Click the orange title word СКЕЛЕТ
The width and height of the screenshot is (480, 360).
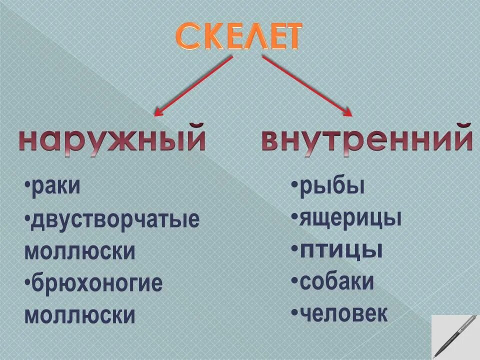239,36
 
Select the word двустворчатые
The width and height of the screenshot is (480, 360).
114,220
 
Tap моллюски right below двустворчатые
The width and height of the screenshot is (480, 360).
79,251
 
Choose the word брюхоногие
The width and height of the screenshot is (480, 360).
96,284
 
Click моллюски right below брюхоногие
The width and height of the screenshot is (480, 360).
79,315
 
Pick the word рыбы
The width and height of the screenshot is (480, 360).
332,186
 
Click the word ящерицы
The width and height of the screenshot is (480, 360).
350,218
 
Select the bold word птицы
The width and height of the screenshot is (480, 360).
341,250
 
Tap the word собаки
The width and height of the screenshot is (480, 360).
336,282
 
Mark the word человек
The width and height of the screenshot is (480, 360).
343,313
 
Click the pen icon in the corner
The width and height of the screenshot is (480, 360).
455,335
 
